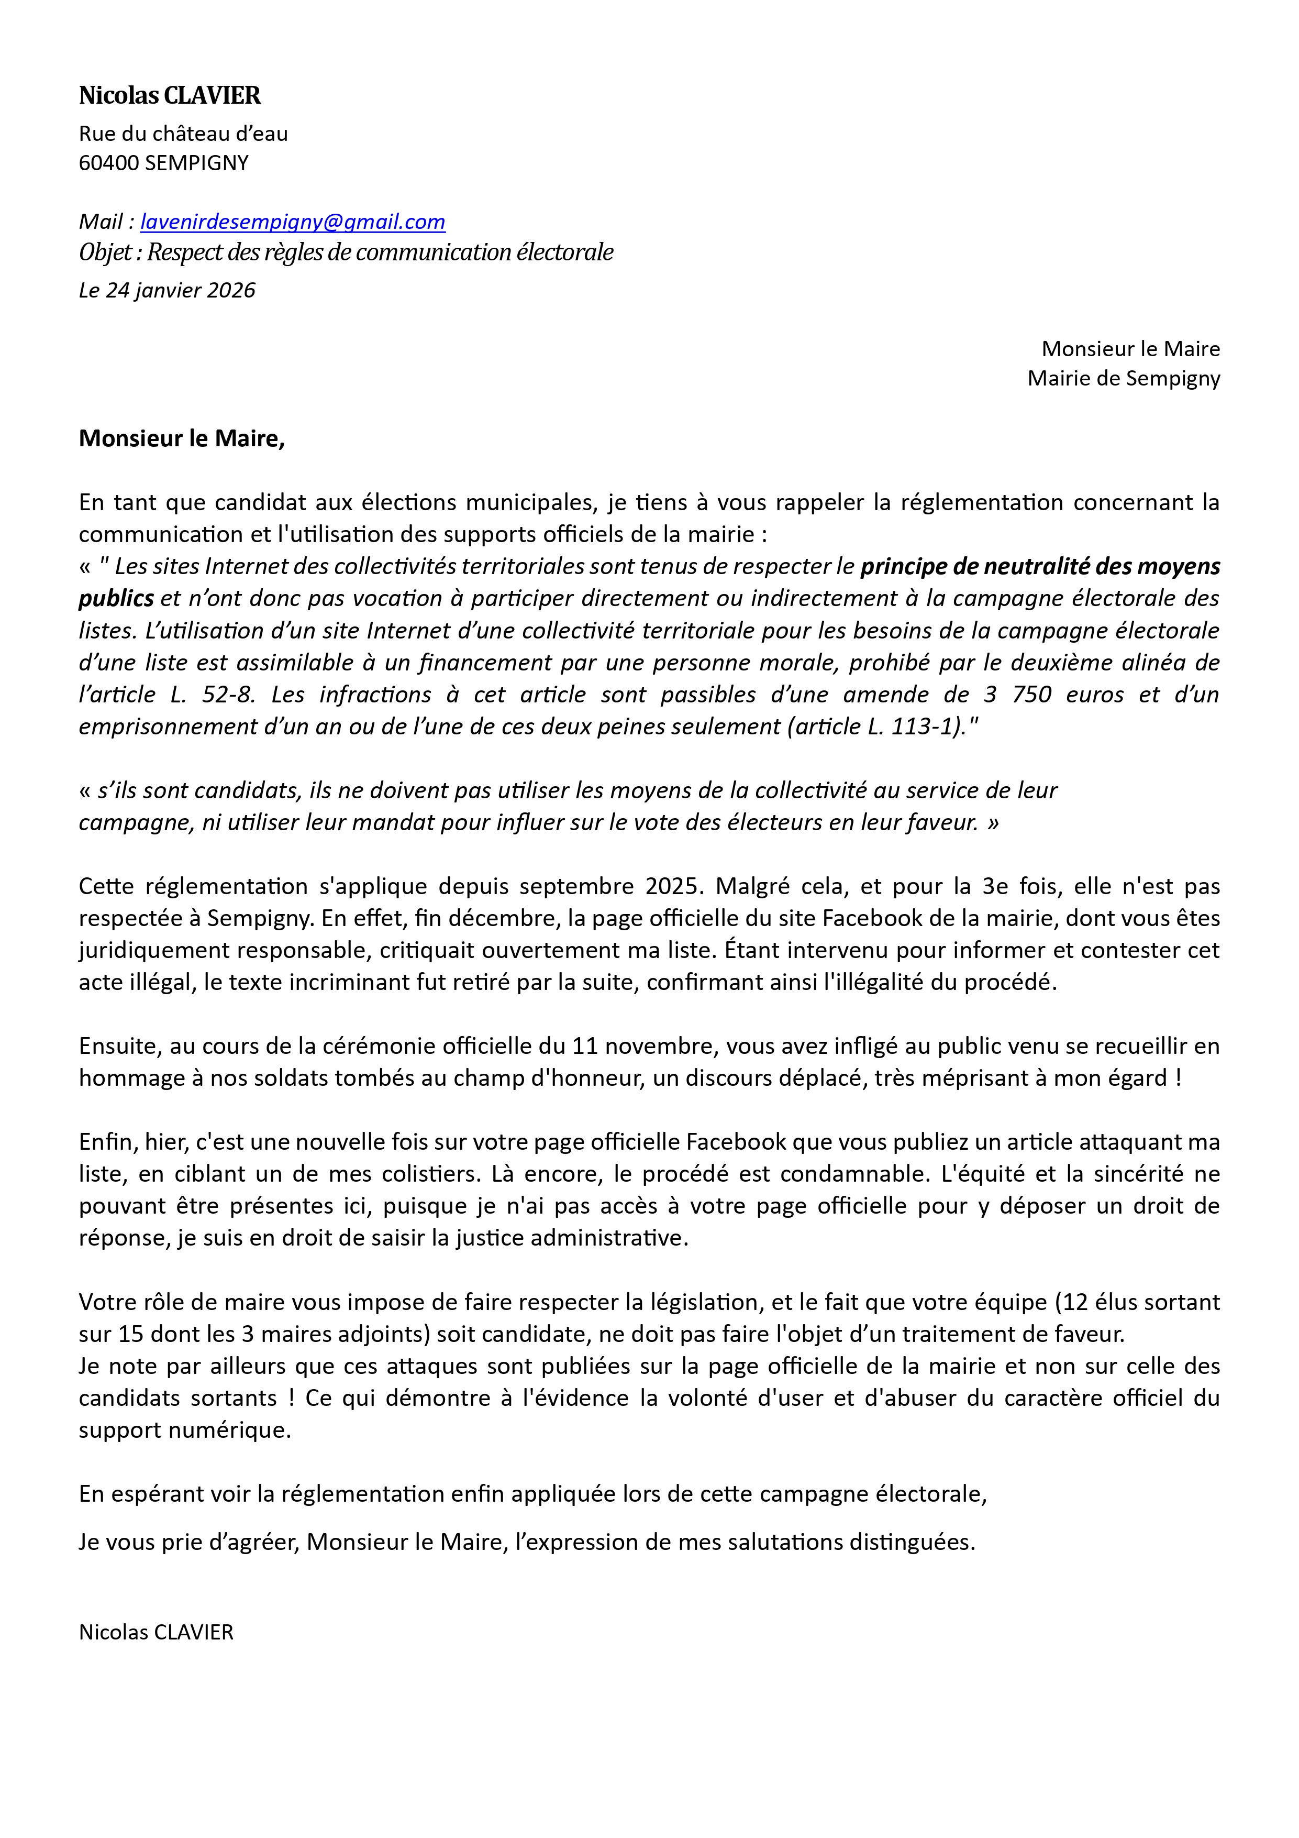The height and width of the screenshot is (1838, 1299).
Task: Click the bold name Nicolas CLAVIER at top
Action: pos(170,95)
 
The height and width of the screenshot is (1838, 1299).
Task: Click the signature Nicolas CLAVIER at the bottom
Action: pos(156,1632)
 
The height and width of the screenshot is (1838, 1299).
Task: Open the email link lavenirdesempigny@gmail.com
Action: pos(292,222)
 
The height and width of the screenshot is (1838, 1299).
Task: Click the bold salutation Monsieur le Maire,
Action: pos(182,439)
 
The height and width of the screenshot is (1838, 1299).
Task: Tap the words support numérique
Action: pos(184,1430)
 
